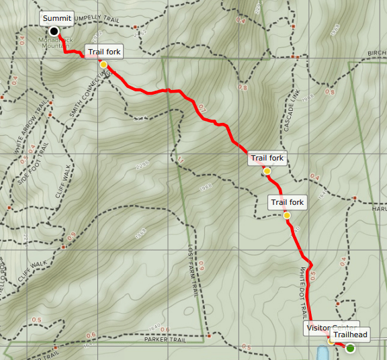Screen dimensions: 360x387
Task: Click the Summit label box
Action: coord(56,18)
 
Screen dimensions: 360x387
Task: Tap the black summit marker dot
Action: coord(54,32)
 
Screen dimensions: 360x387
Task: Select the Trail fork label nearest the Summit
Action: coord(105,52)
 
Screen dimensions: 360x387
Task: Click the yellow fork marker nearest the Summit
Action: coord(103,64)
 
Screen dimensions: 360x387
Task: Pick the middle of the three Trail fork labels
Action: coord(267,159)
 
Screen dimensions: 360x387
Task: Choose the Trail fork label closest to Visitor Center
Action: coord(287,202)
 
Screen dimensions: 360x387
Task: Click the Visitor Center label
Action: coord(322,328)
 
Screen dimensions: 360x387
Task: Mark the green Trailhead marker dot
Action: coord(349,347)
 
